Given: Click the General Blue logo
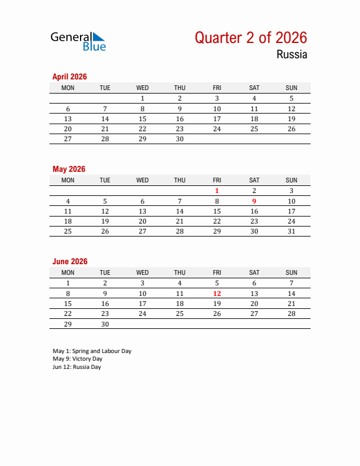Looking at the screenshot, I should click(78, 41).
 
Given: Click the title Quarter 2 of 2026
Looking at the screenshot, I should click(251, 38).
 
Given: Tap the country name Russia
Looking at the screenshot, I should click(292, 55).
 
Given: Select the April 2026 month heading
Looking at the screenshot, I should click(69, 76).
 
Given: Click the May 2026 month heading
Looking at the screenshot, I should click(69, 169).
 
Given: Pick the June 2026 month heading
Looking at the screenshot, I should click(70, 261).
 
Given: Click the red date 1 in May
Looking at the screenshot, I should click(217, 191).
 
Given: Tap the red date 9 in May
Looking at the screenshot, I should click(254, 201).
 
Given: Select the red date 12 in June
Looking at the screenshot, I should click(217, 293).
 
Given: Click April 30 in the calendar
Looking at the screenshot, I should click(179, 139).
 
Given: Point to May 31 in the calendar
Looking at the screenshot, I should click(291, 231).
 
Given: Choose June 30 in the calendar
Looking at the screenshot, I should click(105, 324).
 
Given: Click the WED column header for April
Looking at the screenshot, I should click(142, 88).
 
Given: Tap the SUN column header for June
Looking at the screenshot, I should click(291, 272).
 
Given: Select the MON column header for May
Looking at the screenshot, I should click(68, 180).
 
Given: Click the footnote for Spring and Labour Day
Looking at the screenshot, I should click(92, 351).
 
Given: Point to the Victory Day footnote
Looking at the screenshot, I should click(77, 358).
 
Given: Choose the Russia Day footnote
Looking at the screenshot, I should click(76, 367).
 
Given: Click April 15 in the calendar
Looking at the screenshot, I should click(142, 119).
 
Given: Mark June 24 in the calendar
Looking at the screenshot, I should click(142, 314).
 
